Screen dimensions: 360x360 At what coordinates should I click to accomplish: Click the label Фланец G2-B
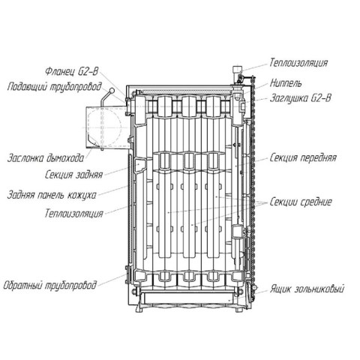(72, 72)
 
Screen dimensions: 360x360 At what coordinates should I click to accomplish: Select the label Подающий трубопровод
(55, 87)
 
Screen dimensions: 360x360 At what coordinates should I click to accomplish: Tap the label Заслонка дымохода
(46, 158)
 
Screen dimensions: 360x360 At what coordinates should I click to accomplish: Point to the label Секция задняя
(74, 175)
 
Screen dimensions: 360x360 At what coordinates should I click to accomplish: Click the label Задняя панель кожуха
(52, 195)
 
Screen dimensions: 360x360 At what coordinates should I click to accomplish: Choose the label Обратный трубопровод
(49, 285)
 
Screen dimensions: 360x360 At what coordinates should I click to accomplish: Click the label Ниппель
(286, 83)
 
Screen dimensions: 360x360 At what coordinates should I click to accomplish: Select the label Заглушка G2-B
(300, 98)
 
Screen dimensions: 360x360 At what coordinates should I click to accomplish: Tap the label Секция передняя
(303, 158)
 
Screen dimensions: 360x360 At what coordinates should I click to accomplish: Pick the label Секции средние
(301, 202)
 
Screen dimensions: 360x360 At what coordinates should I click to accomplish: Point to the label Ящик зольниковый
(307, 289)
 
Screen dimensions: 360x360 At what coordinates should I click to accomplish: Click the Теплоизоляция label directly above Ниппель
(298, 63)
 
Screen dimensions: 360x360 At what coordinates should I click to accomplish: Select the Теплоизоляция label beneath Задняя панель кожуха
(74, 214)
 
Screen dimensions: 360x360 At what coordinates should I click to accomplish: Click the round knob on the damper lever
(112, 90)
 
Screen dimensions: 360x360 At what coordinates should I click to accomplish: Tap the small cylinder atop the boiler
(237, 69)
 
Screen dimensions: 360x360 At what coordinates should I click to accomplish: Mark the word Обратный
(22, 285)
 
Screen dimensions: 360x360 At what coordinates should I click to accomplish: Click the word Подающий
(28, 87)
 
